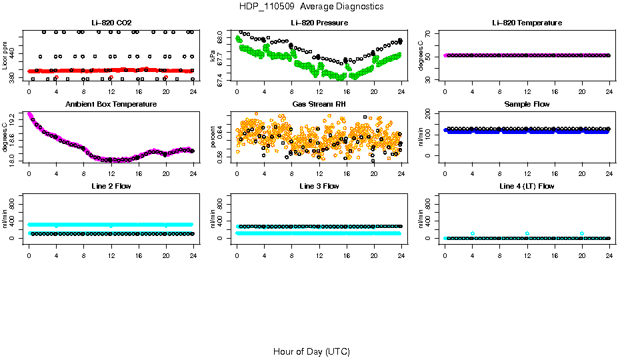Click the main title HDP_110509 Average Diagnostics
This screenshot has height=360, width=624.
(x=311, y=7)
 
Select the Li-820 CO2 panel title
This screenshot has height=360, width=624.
(x=111, y=23)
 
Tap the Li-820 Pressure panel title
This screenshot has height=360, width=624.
(x=319, y=23)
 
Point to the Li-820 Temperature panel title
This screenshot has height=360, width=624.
(x=527, y=23)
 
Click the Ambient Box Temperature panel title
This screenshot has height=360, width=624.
(x=111, y=105)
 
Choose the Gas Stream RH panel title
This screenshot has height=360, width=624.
(x=319, y=105)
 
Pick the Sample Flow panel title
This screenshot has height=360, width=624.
(x=527, y=105)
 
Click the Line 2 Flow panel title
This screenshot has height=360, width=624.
(x=111, y=186)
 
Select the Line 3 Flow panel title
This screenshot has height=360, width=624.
(x=319, y=186)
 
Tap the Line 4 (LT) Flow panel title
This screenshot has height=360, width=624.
(x=527, y=186)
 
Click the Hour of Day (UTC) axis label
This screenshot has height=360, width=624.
(x=311, y=351)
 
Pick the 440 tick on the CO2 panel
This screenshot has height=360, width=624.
(x=13, y=43)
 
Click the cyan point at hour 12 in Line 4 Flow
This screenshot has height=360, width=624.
(x=527, y=233)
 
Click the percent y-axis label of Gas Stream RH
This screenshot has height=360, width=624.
(x=213, y=137)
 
